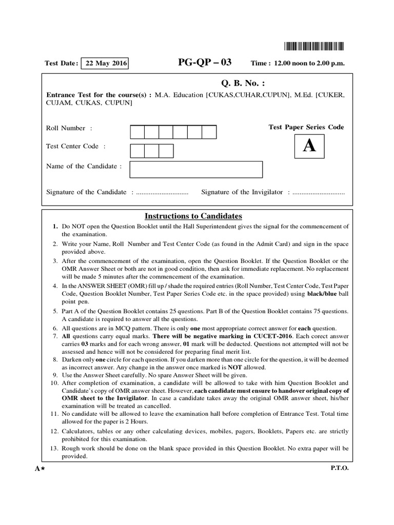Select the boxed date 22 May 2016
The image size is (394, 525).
pyautogui.click(x=104, y=63)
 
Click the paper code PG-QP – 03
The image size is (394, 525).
pyautogui.click(x=204, y=63)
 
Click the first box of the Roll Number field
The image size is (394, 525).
pyautogui.click(x=137, y=132)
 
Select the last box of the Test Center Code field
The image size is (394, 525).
pyautogui.click(x=166, y=151)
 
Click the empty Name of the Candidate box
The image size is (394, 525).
pyautogui.click(x=196, y=169)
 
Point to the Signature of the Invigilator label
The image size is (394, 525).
pyautogui.click(x=242, y=192)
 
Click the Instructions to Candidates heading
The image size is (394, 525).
pyautogui.click(x=193, y=216)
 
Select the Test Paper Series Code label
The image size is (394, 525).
pyautogui.click(x=306, y=127)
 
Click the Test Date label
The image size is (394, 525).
pyautogui.click(x=61, y=64)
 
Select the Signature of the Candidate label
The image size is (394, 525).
pyautogui.click(x=86, y=192)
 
